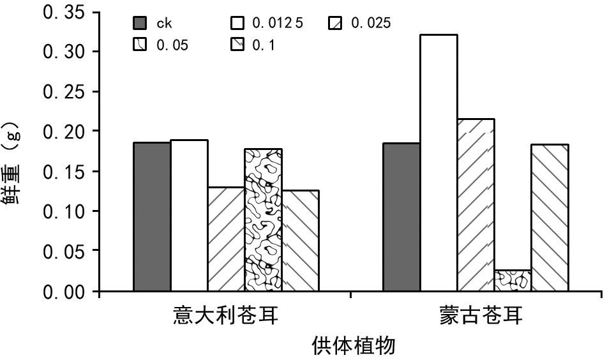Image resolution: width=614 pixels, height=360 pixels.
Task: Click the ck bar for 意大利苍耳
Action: [x=152, y=217]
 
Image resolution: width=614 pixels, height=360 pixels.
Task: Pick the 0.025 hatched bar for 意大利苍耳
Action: [x=226, y=239]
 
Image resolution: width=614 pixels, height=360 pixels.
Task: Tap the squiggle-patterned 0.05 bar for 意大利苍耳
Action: [x=263, y=220]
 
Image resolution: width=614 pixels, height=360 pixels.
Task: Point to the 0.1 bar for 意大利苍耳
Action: [x=300, y=241]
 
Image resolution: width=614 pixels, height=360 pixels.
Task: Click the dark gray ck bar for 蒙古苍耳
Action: [x=401, y=217]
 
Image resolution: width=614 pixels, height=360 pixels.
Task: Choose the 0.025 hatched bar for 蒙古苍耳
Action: [x=475, y=205]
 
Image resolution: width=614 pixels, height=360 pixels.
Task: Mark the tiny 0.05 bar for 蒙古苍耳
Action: [x=513, y=281]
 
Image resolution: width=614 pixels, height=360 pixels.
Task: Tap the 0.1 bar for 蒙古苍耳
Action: [x=550, y=218]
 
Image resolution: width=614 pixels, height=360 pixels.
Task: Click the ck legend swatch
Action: [x=140, y=24]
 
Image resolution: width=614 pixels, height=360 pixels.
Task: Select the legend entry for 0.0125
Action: [x=268, y=24]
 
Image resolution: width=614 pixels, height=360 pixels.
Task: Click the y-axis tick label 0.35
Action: [x=64, y=13]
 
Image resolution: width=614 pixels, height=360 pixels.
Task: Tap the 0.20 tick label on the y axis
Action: [x=64, y=131]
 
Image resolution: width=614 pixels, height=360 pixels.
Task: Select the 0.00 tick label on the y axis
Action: [x=64, y=292]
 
